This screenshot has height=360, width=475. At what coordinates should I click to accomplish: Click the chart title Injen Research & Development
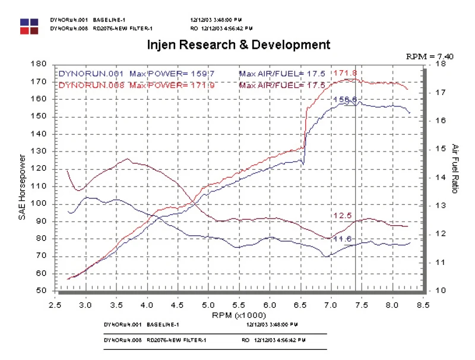pyautogui.click(x=237, y=45)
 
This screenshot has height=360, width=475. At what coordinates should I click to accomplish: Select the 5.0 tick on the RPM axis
pyautogui.click(x=208, y=304)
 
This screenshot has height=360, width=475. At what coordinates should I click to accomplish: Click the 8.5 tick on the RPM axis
pyautogui.click(x=422, y=304)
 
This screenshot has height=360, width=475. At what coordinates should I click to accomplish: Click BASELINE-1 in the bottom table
pyautogui.click(x=160, y=326)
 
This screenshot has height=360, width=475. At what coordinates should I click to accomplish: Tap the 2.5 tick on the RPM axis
pyautogui.click(x=56, y=304)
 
